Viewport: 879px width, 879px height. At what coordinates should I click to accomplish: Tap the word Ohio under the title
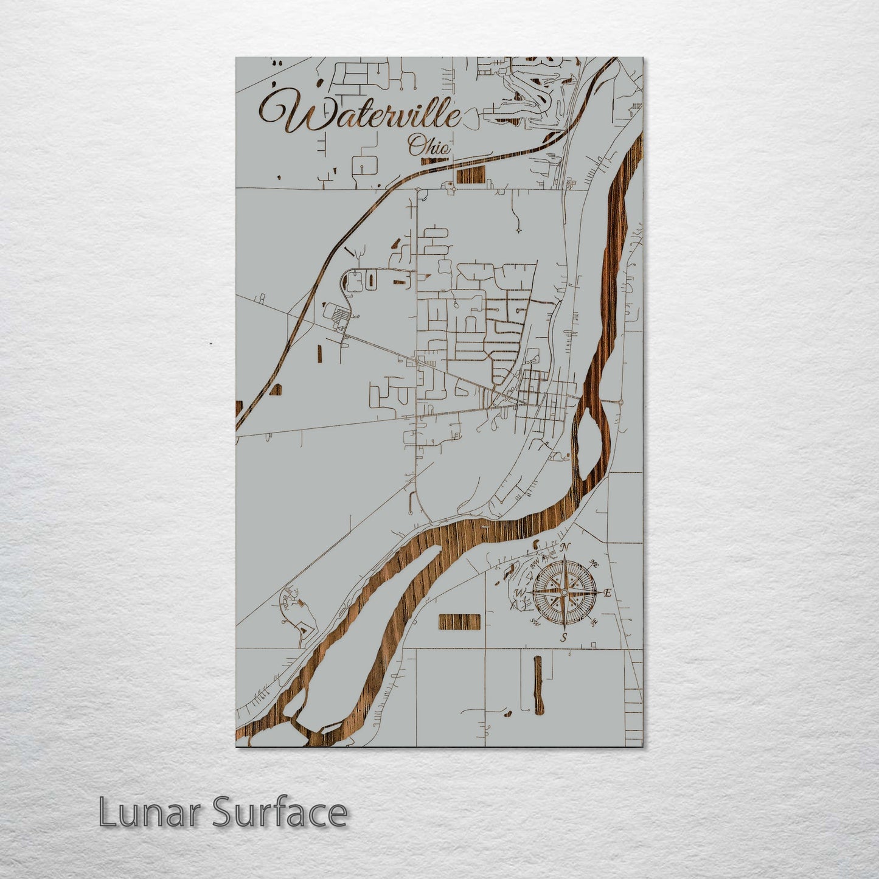tap(429, 146)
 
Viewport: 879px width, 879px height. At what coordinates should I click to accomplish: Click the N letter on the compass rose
tap(565, 547)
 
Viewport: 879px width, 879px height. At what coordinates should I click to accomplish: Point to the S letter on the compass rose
tap(564, 638)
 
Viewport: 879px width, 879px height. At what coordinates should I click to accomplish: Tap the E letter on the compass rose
tap(607, 592)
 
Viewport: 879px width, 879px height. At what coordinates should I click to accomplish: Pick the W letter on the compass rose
tap(520, 592)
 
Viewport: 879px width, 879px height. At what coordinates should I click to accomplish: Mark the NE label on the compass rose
tap(596, 565)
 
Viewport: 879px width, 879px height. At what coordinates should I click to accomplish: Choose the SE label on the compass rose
tap(594, 622)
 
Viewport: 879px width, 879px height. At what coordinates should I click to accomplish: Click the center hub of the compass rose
tap(564, 592)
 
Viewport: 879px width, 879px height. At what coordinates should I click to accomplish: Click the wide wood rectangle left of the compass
tap(459, 622)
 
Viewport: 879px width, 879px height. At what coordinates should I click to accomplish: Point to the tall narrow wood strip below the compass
tap(538, 684)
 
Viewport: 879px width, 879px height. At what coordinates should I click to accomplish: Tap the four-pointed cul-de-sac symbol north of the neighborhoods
tap(518, 231)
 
